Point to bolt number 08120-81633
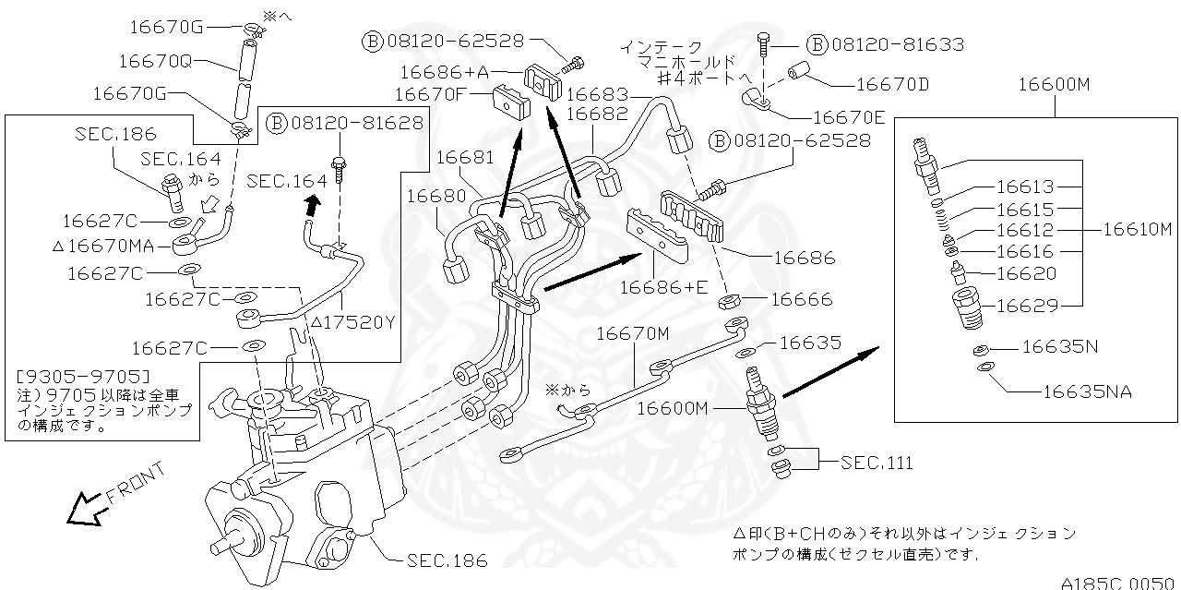pos(897,43)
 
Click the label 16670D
pos(892,85)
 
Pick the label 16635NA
pos(1087,391)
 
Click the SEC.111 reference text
pos(877,462)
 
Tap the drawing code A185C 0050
pos(1119,582)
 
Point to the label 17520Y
pos(352,322)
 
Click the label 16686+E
pos(663,286)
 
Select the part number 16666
pos(800,299)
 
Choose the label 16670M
pos(632,332)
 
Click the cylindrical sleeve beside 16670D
pos(799,74)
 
